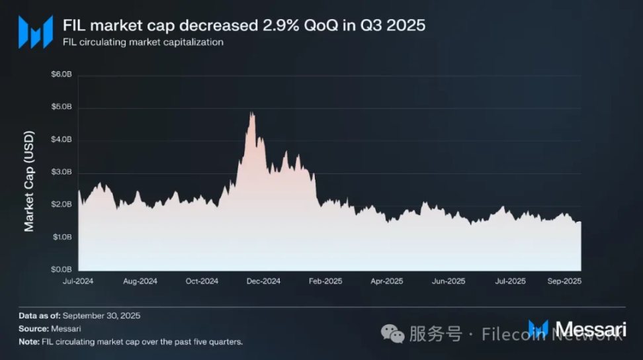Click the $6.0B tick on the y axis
pos(62,75)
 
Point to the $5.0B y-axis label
pos(62,107)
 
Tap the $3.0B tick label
pos(62,172)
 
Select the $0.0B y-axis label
pos(62,270)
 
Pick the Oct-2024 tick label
pos(201,281)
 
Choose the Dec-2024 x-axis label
pos(263,281)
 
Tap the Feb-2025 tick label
pos(325,281)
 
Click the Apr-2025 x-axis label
pos(386,281)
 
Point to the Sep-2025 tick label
pos(565,281)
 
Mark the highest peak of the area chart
pos(251,113)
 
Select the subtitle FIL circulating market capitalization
pos(143,42)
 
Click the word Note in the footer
pos(29,341)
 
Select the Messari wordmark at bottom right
pos(590,329)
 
